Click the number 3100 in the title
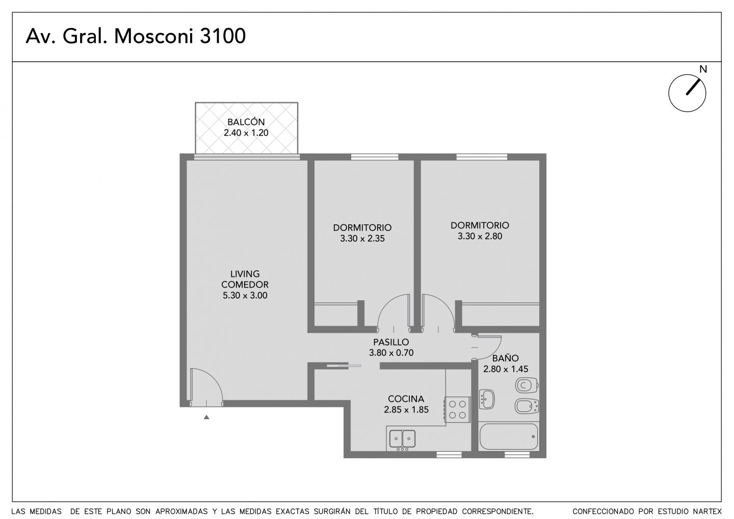click(x=222, y=36)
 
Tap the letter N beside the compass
click(x=703, y=69)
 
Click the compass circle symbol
click(x=687, y=93)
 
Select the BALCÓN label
click(x=246, y=122)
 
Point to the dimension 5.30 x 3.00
click(x=245, y=295)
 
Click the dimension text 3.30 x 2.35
click(x=362, y=239)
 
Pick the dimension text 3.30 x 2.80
click(x=480, y=236)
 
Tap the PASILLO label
click(x=391, y=342)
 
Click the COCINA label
click(x=406, y=399)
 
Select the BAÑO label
click(x=506, y=358)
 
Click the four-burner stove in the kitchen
click(x=457, y=409)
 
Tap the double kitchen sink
click(x=402, y=439)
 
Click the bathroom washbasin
click(x=487, y=399)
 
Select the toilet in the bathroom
click(x=527, y=385)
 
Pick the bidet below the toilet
click(x=527, y=406)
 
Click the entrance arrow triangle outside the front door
click(x=206, y=417)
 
